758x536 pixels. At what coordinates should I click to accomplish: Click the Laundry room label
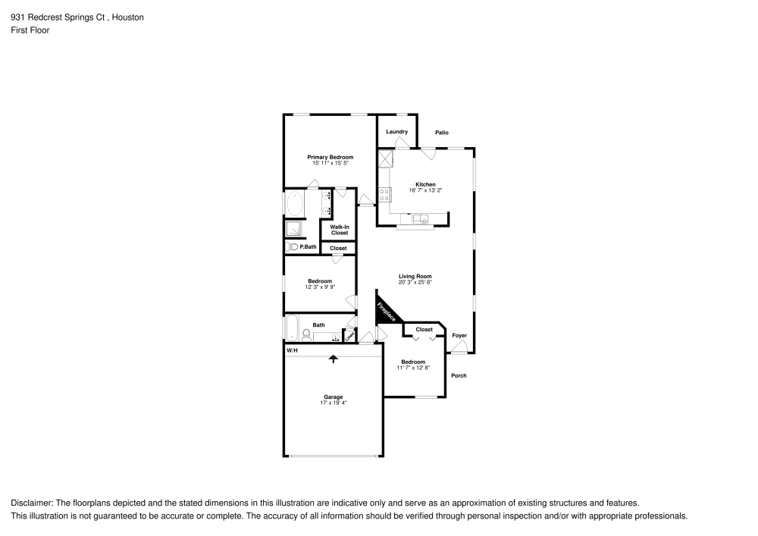coord(396,132)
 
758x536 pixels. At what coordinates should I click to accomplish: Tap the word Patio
coord(442,133)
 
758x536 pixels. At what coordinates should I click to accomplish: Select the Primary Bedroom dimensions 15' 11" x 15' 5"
coord(330,163)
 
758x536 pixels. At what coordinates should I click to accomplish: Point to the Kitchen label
coord(425,184)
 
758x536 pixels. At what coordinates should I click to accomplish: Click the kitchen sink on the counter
coord(423,220)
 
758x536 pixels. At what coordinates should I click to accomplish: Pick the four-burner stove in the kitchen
coord(384,193)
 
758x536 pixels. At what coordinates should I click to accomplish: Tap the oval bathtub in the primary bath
coord(295,203)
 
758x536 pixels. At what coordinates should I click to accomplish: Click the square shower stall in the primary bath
coord(293,228)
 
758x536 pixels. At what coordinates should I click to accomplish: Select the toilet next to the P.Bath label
coord(292,246)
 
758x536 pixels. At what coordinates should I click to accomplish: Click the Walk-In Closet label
coord(339,230)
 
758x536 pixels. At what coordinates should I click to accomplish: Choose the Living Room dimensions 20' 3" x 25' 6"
coord(415,282)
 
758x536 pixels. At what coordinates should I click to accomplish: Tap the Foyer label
coord(459,335)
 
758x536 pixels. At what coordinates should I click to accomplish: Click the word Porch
coord(459,376)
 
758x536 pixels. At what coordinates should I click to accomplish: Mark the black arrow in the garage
coord(333,359)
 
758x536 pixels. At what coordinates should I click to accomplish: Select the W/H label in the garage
coord(292,351)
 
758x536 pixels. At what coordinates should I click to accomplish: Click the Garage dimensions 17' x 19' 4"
coord(333,403)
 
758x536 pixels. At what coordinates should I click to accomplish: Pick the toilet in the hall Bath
coord(305,334)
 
